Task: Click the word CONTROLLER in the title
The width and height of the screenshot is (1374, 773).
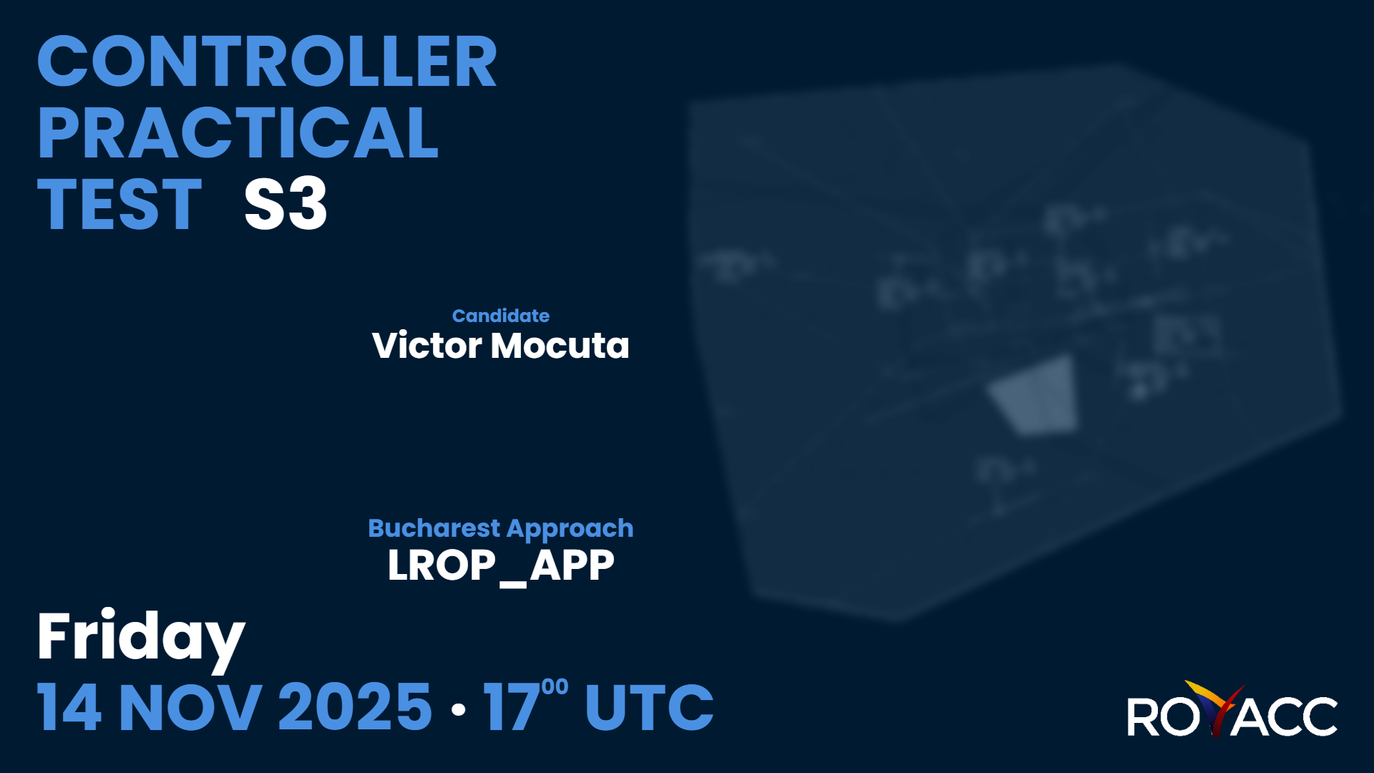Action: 266,62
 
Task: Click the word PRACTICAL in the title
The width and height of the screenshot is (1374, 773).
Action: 238,133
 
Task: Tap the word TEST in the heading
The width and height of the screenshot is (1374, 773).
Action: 120,205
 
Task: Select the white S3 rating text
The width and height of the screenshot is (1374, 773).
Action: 286,205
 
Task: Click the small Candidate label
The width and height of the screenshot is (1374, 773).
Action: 500,316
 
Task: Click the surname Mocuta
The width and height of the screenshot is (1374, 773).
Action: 560,346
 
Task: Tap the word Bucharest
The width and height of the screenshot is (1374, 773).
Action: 434,528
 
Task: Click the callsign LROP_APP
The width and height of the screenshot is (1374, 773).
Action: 500,565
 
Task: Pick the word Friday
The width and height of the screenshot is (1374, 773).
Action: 141,637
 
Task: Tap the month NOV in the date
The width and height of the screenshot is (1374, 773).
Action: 190,708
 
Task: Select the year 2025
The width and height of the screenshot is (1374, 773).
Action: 355,708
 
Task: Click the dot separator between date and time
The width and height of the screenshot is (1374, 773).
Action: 459,709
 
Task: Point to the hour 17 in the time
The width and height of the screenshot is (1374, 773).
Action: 511,708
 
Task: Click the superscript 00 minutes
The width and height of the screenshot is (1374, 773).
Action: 555,687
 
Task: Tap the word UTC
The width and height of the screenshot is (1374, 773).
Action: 649,708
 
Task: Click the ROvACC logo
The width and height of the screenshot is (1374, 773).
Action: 1232,711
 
